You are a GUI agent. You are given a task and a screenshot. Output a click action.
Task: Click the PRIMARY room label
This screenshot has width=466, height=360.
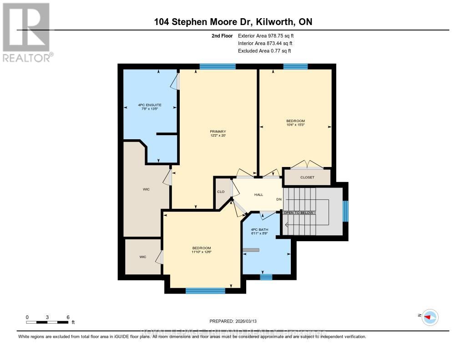tap(218, 132)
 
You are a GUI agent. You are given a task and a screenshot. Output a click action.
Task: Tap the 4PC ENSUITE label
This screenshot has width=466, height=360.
tap(150, 105)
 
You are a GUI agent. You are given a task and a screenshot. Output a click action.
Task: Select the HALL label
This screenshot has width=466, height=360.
tap(258, 194)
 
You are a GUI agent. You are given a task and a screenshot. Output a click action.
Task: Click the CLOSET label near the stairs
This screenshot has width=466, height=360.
tap(307, 177)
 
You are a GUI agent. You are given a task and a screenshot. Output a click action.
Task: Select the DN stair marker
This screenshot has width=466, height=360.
tap(279, 199)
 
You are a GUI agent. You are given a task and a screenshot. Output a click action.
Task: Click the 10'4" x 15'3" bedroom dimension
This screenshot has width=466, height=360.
tap(295, 125)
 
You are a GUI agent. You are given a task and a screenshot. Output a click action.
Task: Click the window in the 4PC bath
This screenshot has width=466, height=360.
tap(266, 277)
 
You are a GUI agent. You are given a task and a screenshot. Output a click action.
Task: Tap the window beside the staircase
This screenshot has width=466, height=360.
tap(345, 211)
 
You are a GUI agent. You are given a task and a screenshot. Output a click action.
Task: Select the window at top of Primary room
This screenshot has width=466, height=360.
tap(218, 66)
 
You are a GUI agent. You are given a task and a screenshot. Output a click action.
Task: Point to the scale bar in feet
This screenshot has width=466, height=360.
tap(48, 322)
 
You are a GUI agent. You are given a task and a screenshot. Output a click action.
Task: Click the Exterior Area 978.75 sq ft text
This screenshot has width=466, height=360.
tap(268, 35)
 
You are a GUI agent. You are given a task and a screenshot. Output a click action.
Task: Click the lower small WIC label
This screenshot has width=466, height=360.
tap(143, 257)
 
